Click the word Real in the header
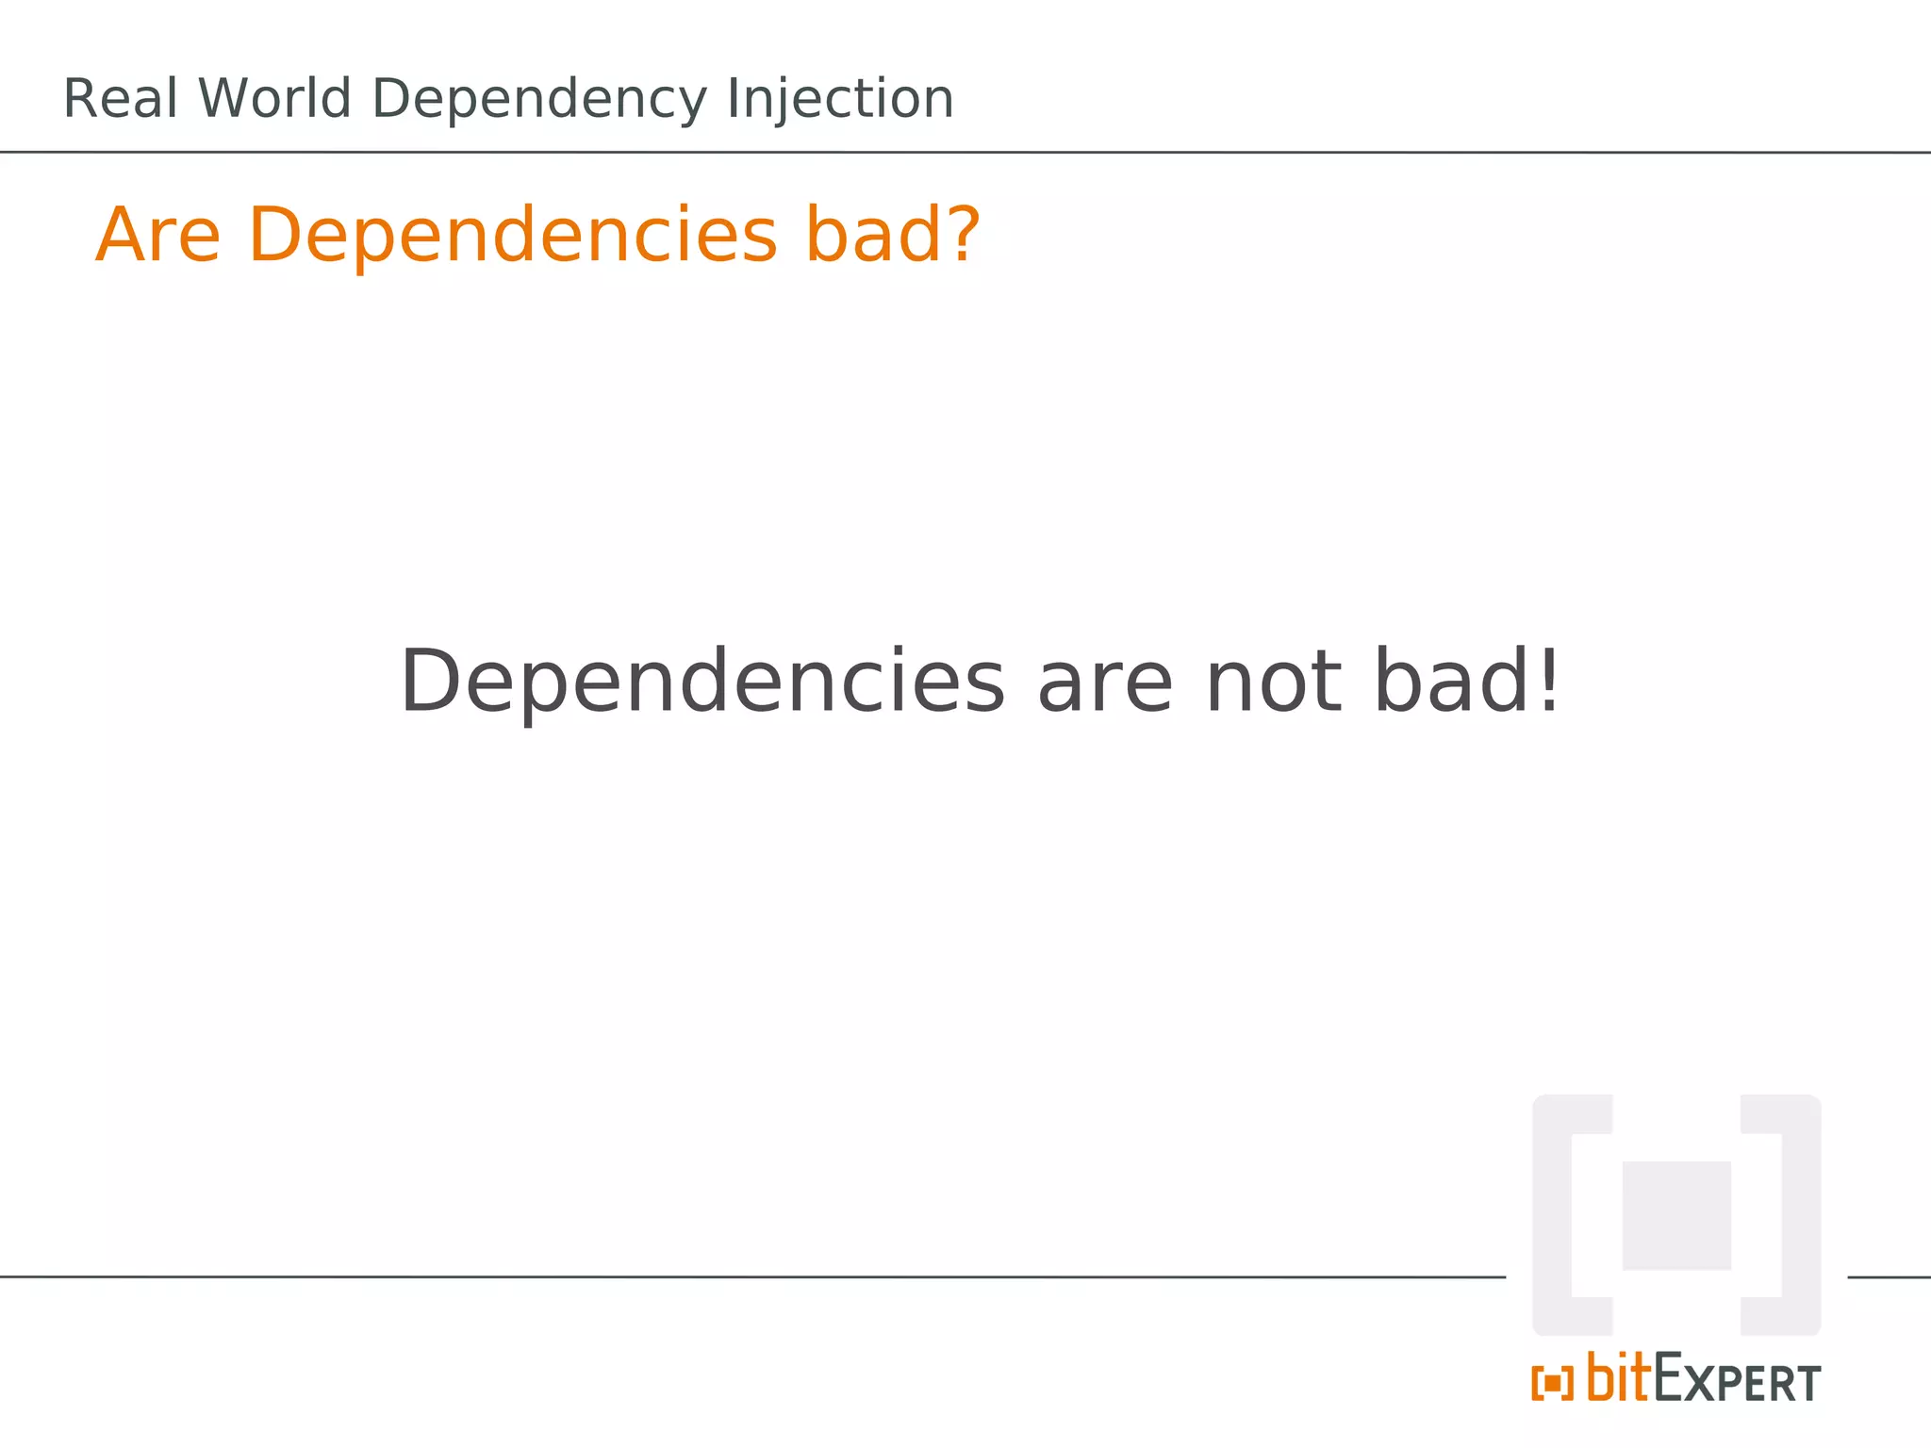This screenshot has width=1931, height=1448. coord(120,99)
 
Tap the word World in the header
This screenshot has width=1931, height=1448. coord(274,99)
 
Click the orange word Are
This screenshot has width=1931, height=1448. coord(158,235)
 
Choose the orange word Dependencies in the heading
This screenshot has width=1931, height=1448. coord(513,237)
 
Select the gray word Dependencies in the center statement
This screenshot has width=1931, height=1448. coord(702,683)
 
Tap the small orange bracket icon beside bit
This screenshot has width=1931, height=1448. coord(1552,1383)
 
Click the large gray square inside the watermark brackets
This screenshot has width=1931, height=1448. coord(1675,1215)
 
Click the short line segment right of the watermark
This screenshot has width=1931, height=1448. coord(1889,1277)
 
